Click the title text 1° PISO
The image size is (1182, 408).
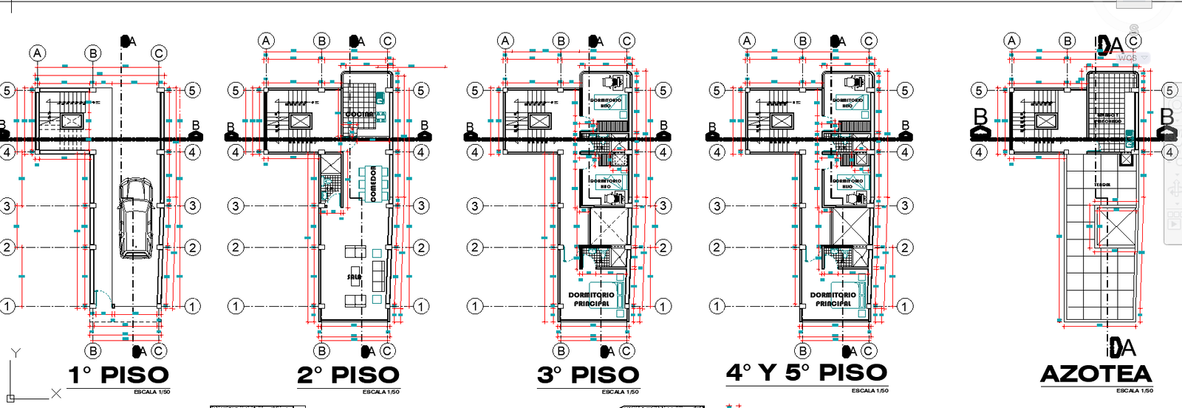[x=119, y=375]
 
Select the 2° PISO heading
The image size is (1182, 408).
[x=348, y=375]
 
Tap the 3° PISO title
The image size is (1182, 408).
[x=587, y=375]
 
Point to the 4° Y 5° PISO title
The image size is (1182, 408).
[x=807, y=373]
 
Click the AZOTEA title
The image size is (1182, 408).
[x=1096, y=374]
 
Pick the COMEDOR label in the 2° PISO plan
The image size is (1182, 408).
[x=373, y=183]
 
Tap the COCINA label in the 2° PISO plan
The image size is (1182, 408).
[x=360, y=115]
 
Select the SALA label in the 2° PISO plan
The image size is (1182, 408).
[x=355, y=277]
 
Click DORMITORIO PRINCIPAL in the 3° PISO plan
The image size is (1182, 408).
[x=591, y=299]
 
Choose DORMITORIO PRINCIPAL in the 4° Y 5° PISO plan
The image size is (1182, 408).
[x=833, y=299]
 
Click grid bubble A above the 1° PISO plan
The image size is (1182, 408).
[x=38, y=53]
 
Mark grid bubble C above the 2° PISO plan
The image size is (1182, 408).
[x=388, y=41]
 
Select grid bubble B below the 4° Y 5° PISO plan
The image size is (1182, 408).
[x=803, y=351]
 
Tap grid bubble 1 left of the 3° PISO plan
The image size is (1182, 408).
[x=475, y=306]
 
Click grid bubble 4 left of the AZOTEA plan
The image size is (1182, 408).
[x=979, y=152]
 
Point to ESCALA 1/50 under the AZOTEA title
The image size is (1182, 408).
[x=1134, y=390]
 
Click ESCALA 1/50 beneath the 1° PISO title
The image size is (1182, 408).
[x=151, y=392]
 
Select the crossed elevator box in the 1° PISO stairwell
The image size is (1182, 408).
[x=71, y=121]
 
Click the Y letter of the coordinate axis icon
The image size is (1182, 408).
[x=16, y=353]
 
